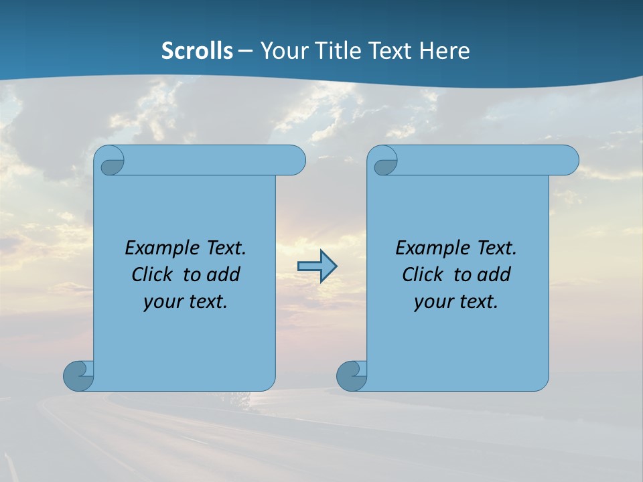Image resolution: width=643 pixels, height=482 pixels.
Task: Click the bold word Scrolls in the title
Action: tap(197, 51)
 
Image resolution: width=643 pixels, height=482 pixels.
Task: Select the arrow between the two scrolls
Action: tap(317, 266)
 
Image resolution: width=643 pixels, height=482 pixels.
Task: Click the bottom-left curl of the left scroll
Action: tap(78, 376)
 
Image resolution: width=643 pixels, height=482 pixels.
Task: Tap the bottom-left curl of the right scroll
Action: tap(352, 376)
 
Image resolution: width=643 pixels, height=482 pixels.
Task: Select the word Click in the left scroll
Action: tap(153, 274)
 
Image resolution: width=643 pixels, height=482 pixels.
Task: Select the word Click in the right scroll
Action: tap(423, 274)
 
